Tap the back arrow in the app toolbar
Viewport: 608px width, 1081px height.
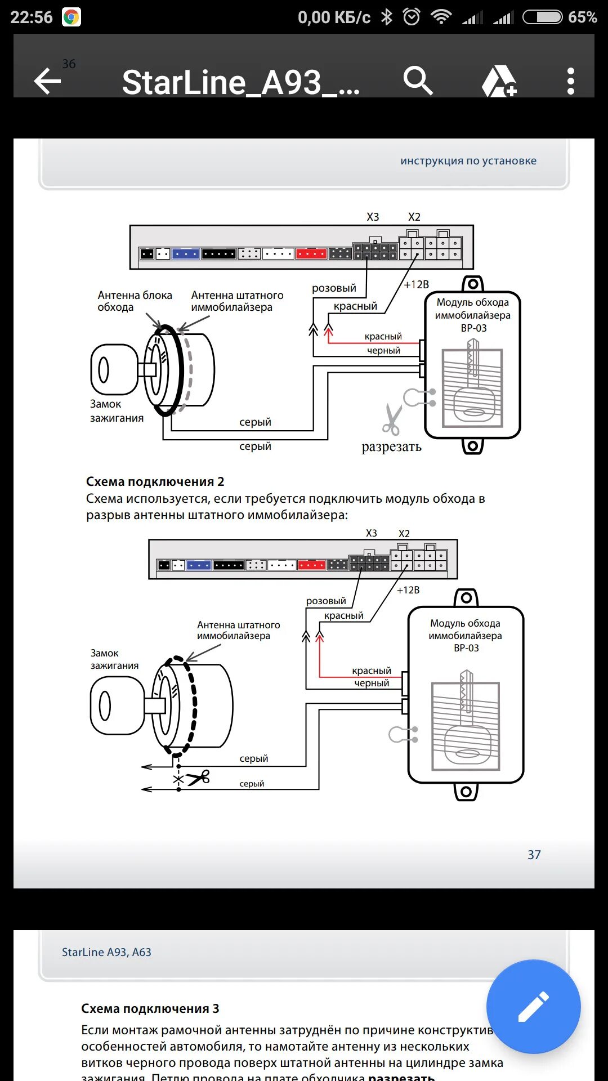coord(47,82)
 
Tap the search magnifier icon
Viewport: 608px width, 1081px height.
coord(418,81)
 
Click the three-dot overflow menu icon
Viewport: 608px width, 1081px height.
coord(570,81)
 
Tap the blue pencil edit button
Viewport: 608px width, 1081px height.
coord(533,1006)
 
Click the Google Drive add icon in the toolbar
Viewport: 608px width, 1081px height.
coord(499,82)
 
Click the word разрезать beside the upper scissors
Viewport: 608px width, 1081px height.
coord(391,447)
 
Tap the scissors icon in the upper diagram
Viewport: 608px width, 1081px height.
coord(392,419)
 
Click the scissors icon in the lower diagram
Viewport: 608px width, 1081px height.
coord(198,778)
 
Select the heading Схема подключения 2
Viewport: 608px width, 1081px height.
coord(155,481)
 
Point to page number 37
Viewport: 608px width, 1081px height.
coord(534,855)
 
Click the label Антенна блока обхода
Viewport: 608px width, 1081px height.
coord(135,301)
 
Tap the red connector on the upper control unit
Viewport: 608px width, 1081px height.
coord(311,254)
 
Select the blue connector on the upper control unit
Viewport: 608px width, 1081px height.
coord(185,254)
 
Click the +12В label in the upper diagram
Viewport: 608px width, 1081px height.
coord(416,284)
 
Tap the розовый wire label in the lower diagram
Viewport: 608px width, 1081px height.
coord(326,601)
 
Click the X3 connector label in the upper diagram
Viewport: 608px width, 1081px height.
coord(373,217)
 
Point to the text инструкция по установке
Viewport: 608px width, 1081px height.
coord(468,160)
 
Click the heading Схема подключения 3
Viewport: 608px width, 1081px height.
coord(150,1008)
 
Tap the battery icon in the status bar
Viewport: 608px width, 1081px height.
coord(542,17)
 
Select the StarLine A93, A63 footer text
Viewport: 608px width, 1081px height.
coord(106,952)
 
